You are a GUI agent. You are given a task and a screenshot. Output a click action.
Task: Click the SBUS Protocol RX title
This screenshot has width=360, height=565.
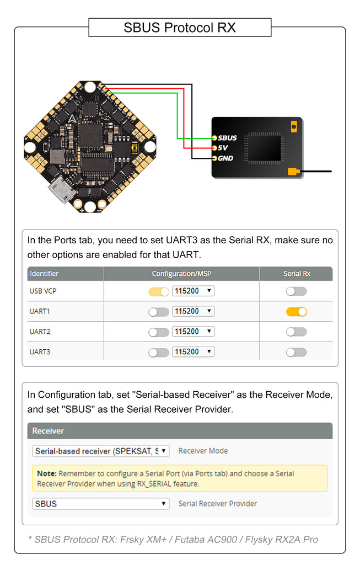pos(180,28)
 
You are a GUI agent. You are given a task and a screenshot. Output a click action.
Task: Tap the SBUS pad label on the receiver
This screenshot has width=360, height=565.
pos(227,138)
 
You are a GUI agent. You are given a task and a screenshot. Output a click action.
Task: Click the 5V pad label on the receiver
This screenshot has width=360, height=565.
pos(223,148)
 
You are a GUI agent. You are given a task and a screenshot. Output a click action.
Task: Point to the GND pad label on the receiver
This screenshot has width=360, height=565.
pos(225,158)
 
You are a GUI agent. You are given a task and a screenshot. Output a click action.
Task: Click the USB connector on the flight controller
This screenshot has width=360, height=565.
pos(62,191)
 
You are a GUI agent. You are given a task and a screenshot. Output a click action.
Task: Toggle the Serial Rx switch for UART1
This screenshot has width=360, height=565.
pos(296,312)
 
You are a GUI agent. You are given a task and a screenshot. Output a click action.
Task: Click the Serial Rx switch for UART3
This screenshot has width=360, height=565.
pos(296,352)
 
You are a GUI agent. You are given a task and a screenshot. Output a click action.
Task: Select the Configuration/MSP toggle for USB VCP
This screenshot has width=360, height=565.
pos(159,291)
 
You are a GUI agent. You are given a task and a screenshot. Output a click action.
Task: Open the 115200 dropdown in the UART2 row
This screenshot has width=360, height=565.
pos(193,332)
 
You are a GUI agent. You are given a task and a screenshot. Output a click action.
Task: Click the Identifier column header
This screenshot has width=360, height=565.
pos(44,274)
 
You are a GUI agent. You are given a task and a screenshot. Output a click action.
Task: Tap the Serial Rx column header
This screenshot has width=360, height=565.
pos(297,274)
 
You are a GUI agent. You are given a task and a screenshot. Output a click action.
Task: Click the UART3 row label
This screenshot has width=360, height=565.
pos(40,352)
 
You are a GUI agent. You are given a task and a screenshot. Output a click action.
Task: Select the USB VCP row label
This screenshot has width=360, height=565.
pos(42,291)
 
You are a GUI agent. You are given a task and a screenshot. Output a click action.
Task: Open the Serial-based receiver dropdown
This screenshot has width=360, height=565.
pos(101,451)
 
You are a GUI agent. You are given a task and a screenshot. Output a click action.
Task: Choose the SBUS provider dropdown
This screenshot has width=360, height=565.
pos(101,504)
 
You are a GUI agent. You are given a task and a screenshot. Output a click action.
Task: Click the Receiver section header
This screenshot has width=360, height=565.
pos(49,431)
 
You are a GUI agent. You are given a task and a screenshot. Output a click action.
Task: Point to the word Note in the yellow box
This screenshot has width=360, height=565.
pos(47,473)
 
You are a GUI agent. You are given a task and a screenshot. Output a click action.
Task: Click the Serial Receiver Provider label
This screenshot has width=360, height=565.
pos(218,504)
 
